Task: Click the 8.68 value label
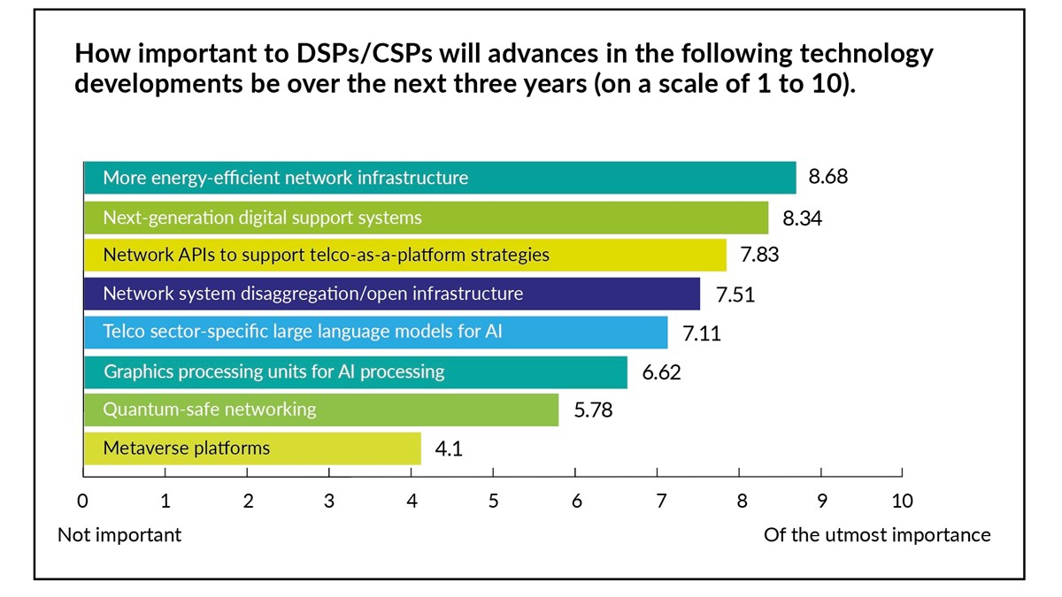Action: [827, 177]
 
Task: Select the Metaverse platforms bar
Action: [252, 448]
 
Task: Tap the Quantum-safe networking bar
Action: [321, 410]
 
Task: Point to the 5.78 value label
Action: [593, 410]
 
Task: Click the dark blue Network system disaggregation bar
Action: [392, 294]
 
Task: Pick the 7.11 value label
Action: [701, 333]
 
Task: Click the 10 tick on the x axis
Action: [902, 501]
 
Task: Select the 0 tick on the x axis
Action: [83, 501]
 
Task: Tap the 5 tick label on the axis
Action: [493, 501]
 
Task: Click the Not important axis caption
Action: [119, 535]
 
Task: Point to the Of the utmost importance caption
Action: [876, 535]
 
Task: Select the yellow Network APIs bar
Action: [405, 255]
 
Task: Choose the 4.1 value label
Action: [448, 449]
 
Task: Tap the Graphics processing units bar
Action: [356, 371]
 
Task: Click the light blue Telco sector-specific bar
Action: [376, 333]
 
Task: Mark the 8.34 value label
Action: [802, 217]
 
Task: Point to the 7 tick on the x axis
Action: [658, 501]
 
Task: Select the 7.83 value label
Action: [758, 255]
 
